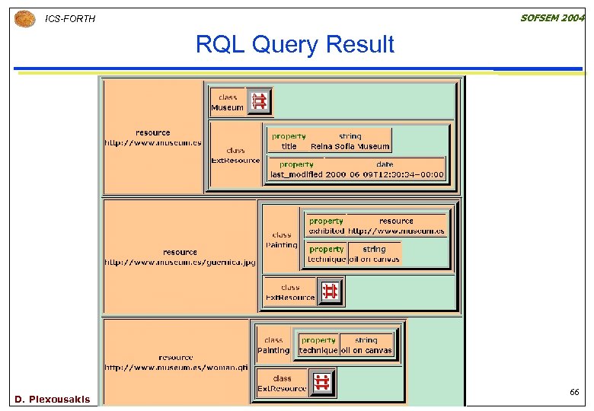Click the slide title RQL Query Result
click(295, 45)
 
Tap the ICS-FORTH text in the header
click(70, 18)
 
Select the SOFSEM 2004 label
click(552, 18)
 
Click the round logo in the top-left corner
click(24, 18)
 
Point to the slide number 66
click(574, 392)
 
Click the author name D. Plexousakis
click(52, 399)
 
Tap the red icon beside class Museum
click(259, 101)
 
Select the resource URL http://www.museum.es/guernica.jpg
click(180, 263)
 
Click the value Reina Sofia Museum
click(350, 146)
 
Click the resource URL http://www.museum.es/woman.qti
click(176, 368)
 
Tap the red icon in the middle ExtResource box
click(330, 292)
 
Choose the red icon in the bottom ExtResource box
click(322, 382)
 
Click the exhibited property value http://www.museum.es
click(397, 231)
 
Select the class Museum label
click(227, 103)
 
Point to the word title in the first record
click(289, 146)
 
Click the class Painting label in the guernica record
click(281, 241)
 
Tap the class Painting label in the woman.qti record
click(273, 346)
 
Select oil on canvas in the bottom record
click(366, 351)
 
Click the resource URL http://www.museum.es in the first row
click(153, 142)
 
